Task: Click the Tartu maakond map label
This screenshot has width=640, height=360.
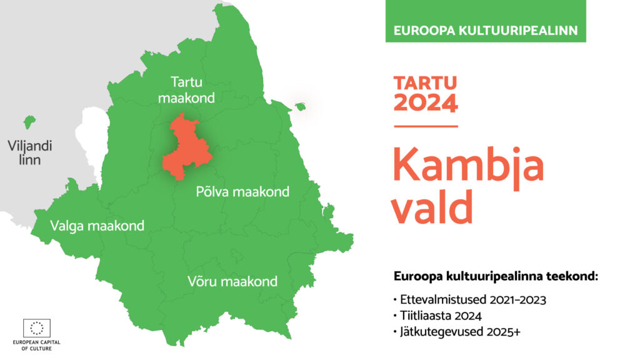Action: (186, 90)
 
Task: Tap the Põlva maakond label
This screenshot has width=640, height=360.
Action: (242, 191)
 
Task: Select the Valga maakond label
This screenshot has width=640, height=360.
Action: (97, 226)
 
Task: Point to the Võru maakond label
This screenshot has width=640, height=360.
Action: (232, 281)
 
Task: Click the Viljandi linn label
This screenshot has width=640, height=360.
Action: (30, 152)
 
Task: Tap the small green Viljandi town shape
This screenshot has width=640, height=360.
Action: (29, 122)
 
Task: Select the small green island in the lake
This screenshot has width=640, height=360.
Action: (301, 107)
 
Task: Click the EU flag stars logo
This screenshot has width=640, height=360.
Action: (37, 328)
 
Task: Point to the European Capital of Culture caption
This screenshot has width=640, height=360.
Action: (36, 345)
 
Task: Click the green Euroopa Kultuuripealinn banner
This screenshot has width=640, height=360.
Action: (486, 21)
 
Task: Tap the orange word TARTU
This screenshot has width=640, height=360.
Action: (425, 83)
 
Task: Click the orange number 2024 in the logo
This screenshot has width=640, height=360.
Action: (426, 102)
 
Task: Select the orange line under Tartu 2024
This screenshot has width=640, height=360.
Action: (426, 126)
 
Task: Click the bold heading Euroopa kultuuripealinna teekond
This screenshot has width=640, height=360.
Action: (496, 276)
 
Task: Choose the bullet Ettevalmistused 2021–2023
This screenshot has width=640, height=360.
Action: (470, 299)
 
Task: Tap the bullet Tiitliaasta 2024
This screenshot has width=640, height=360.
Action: (437, 316)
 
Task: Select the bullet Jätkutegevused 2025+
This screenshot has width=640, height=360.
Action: (457, 331)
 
